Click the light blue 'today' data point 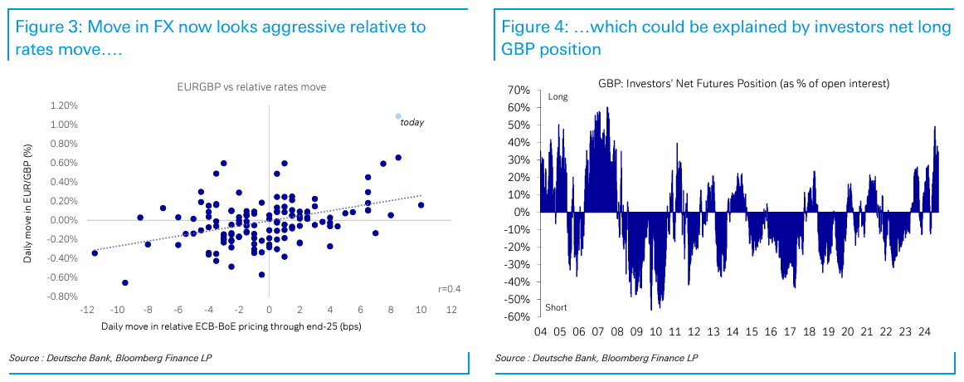[x=398, y=116]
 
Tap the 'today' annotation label [x=412, y=123]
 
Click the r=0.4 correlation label [x=450, y=288]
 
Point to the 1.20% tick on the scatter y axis [x=64, y=105]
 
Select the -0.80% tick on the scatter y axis [x=62, y=296]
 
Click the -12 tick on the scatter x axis [x=86, y=311]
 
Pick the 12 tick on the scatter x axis [x=451, y=311]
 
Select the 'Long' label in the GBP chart [x=557, y=97]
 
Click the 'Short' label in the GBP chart [x=556, y=308]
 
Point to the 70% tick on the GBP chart [x=519, y=90]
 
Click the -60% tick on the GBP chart [x=517, y=316]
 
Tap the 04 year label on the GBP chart [x=540, y=331]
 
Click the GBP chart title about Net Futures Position [x=744, y=84]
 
